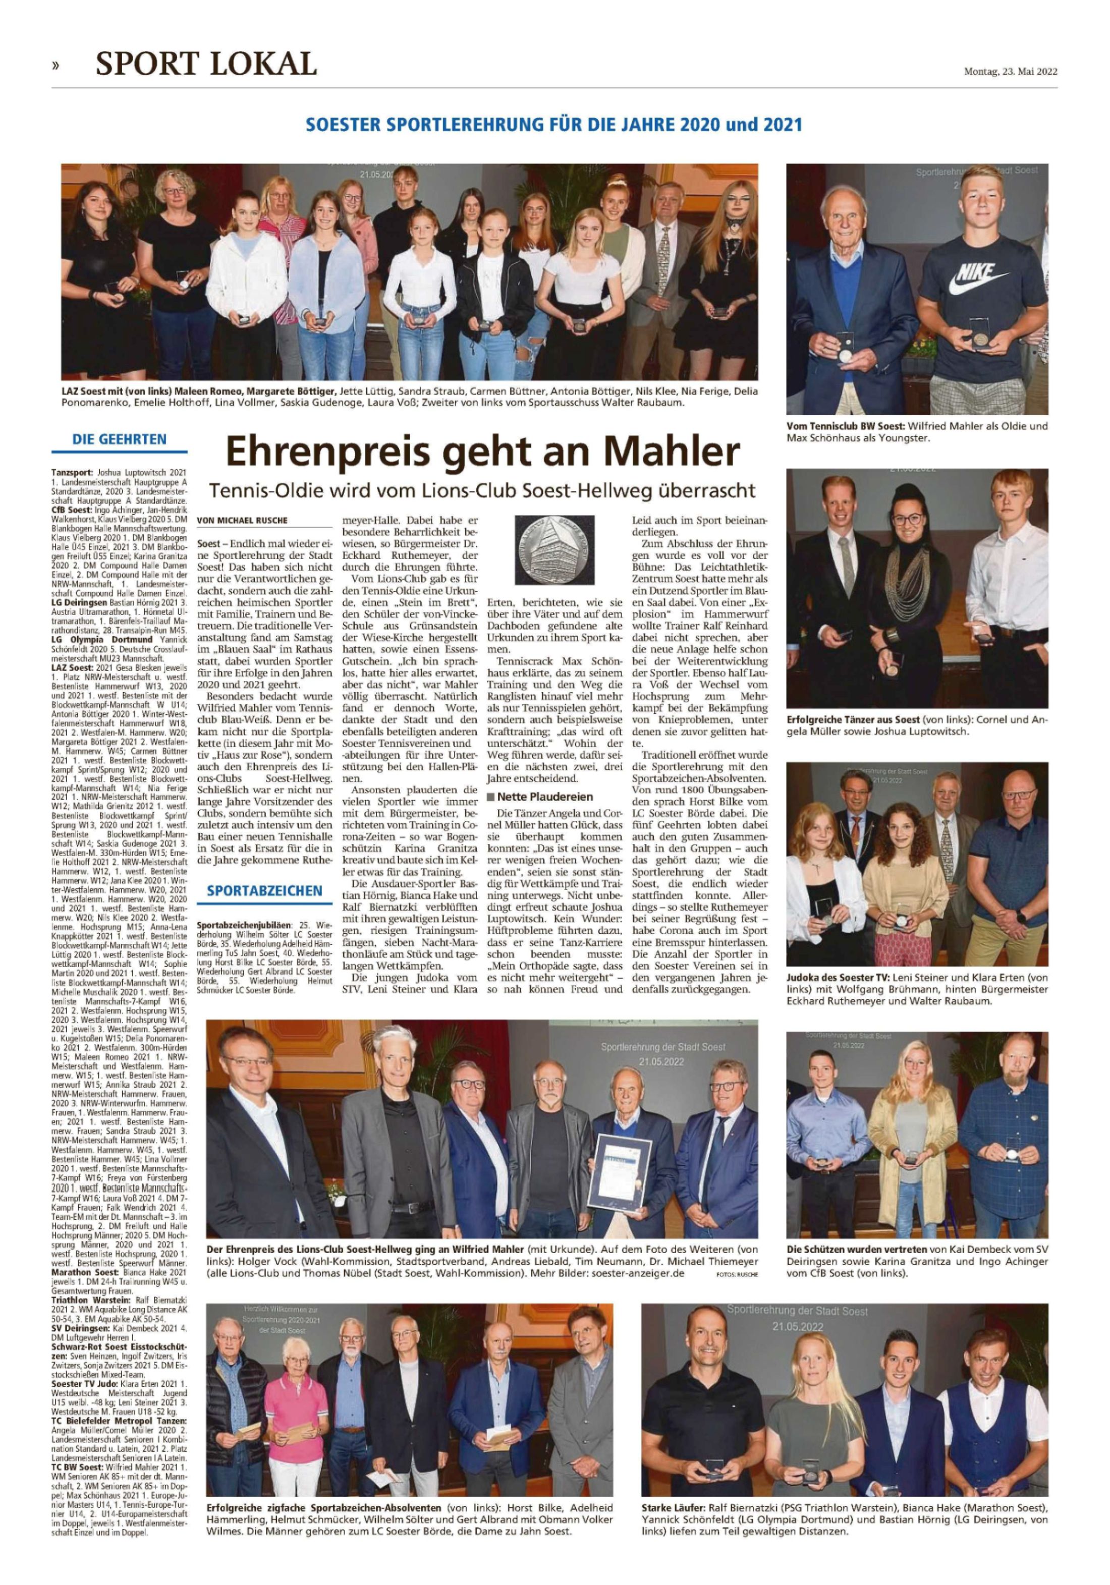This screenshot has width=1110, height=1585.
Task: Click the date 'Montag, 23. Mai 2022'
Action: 1011,71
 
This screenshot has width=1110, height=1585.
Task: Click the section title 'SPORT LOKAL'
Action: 206,64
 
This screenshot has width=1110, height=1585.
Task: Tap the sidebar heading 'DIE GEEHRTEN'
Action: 119,439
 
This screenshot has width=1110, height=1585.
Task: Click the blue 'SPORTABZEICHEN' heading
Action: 264,890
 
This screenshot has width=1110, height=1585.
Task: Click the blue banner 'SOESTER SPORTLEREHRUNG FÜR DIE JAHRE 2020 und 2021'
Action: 554,126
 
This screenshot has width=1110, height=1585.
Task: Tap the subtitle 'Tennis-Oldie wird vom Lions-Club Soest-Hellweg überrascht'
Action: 483,491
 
